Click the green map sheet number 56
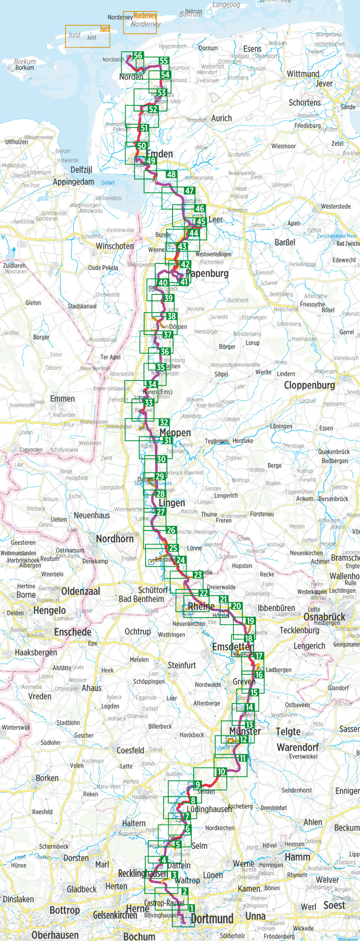[138, 56]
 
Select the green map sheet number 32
[164, 423]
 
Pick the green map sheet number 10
[221, 771]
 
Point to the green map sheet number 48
[171, 175]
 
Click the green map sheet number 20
[236, 606]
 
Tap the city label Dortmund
[212, 919]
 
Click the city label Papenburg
[207, 274]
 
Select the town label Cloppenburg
[309, 385]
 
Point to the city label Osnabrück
[324, 617]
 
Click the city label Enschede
[73, 632]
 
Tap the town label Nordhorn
[115, 539]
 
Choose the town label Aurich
[221, 118]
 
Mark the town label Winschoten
[115, 246]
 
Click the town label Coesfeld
[131, 750]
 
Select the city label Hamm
[297, 857]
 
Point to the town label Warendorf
[297, 747]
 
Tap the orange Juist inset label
[105, 29]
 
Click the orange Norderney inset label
[145, 16]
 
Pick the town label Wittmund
[303, 74]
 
